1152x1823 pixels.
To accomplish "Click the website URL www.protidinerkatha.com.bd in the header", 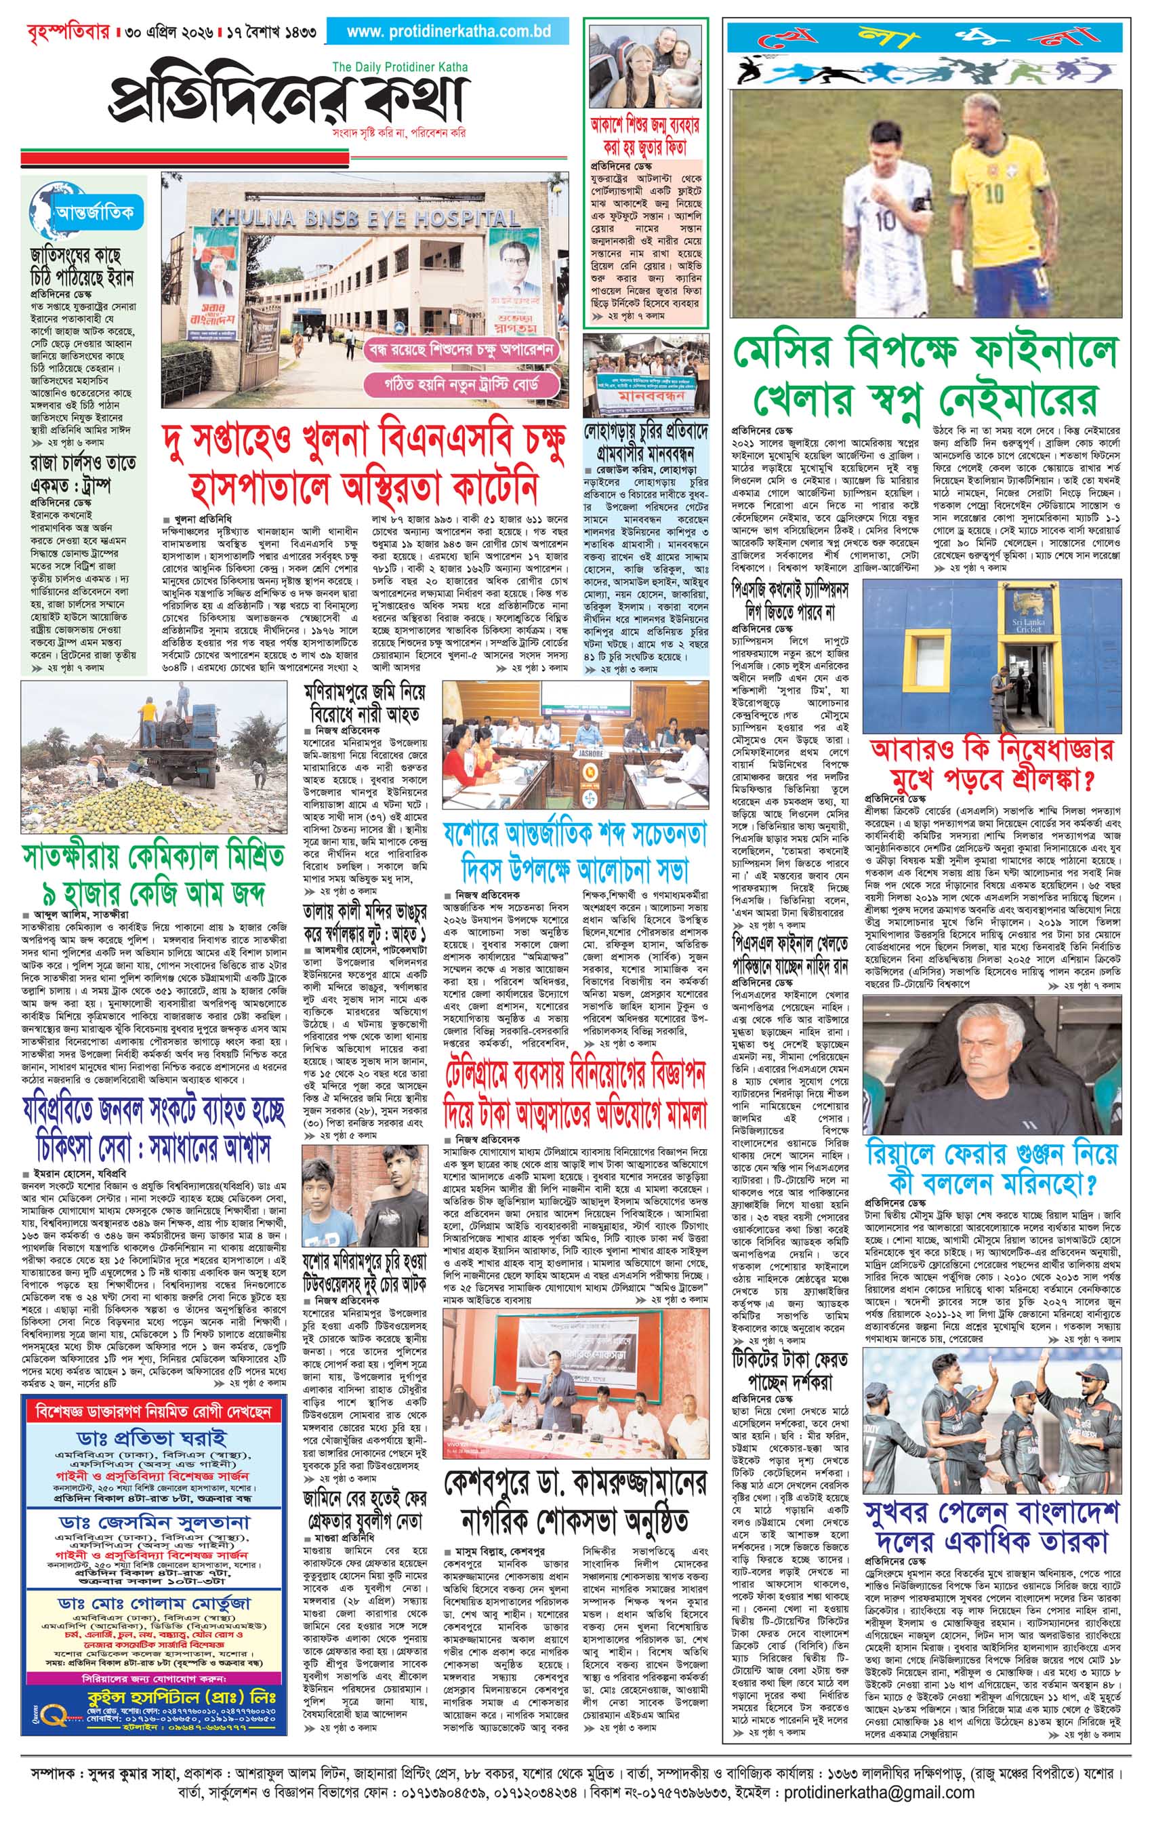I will tap(448, 32).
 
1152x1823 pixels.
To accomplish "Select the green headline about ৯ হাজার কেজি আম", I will tap(153, 876).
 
